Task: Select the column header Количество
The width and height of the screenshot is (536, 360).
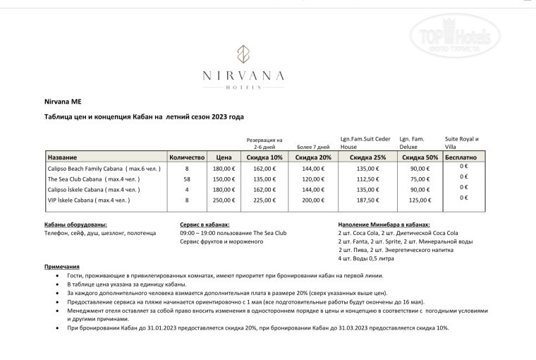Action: pos(187,157)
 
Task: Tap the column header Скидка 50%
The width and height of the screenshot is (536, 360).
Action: pos(420,157)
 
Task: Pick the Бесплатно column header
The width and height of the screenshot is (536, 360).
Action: pos(462,157)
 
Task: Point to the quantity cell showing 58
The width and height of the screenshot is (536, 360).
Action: pos(187,179)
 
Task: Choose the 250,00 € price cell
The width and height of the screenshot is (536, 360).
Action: pos(224,200)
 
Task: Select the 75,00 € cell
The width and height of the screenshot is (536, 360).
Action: pos(420,179)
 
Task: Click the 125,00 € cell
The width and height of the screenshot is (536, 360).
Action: pos(420,200)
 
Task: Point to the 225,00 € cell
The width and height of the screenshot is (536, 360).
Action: pos(265,200)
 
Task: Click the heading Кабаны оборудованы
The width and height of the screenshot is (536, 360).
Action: pos(75,224)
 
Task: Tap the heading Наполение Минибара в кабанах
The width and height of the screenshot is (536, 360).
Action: pos(384,224)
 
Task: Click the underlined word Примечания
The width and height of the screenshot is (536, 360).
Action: pos(61,266)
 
